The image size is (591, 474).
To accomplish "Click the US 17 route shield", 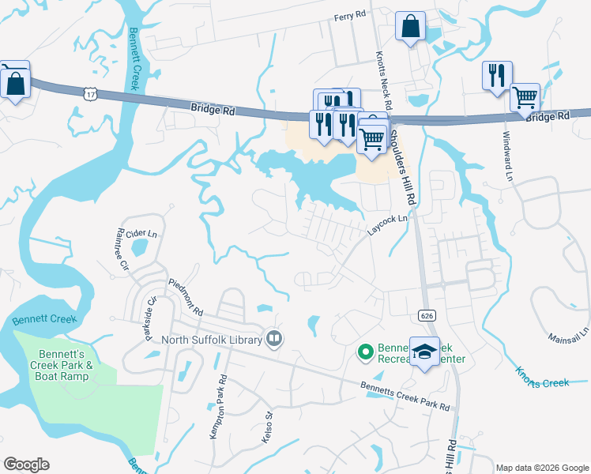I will (91, 93).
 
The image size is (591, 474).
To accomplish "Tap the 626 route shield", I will (427, 315).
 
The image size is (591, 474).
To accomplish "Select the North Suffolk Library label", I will (213, 340).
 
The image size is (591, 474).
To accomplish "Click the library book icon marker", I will (274, 338).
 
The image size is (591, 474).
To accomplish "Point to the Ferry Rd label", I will (350, 16).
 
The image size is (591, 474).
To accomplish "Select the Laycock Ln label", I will (389, 225).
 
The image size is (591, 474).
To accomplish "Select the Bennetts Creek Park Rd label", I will (405, 397).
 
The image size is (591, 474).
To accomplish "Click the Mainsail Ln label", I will (569, 332).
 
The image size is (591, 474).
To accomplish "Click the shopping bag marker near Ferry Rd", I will (410, 27).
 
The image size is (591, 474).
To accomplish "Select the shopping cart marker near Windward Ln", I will (525, 99).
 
